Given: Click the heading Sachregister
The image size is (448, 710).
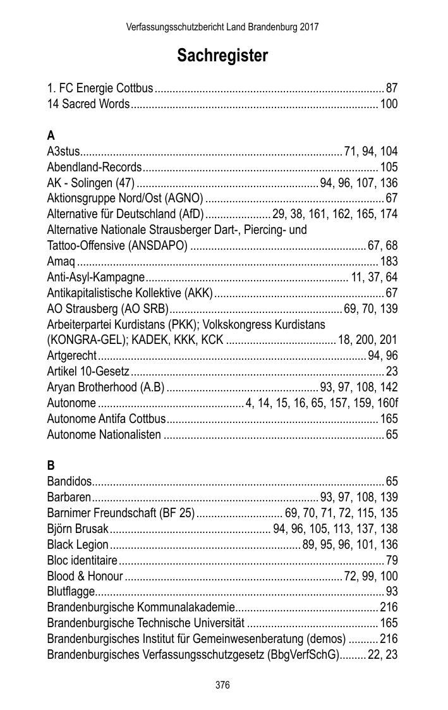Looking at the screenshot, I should click(x=222, y=56).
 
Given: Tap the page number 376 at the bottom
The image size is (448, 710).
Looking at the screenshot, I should click(x=222, y=685).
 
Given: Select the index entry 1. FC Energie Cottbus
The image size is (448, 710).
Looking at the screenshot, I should click(x=100, y=88).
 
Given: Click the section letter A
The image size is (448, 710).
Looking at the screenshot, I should click(x=51, y=135).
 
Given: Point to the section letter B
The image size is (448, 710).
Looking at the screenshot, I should click(x=51, y=465).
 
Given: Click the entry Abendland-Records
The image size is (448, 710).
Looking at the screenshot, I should click(x=94, y=167).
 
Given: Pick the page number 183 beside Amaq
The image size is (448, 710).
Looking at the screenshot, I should click(x=389, y=261).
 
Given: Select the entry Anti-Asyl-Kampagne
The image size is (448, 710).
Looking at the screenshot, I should click(x=96, y=277).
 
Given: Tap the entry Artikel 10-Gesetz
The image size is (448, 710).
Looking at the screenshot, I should click(x=88, y=371).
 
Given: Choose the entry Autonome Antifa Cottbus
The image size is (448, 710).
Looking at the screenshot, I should click(x=106, y=419).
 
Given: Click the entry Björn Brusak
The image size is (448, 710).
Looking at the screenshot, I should click(x=78, y=529).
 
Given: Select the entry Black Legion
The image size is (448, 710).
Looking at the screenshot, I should click(x=78, y=544).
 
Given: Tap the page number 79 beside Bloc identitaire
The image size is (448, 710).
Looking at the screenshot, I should click(x=392, y=560).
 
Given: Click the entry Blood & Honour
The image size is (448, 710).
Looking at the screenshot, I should click(x=85, y=576).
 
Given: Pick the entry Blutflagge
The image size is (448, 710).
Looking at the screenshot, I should click(x=71, y=592).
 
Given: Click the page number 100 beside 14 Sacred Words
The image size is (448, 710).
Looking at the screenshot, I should click(x=389, y=104).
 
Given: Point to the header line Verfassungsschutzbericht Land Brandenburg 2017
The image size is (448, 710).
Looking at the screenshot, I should click(x=222, y=27).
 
